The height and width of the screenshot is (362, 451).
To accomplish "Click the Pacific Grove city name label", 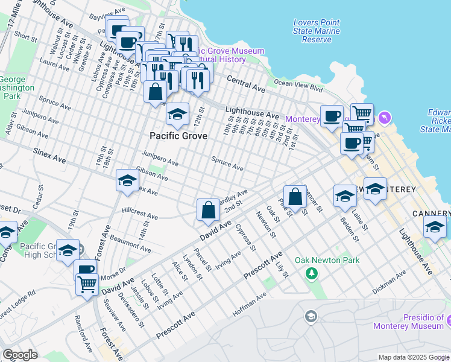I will point(178,136).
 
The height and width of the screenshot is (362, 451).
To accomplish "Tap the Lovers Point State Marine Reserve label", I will point(317,31).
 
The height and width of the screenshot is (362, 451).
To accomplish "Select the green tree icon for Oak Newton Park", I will point(312,275).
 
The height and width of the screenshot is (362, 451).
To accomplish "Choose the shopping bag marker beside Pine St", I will point(295,197).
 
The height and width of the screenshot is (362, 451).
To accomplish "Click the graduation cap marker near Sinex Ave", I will point(127,180).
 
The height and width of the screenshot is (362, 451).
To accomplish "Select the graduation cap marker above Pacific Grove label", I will point(177,113).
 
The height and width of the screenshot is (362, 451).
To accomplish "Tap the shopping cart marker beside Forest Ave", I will point(87,283).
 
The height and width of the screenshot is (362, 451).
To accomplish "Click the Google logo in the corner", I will point(20,355).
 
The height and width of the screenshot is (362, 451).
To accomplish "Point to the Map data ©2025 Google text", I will point(413,357).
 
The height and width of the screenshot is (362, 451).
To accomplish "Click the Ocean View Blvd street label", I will point(298,83).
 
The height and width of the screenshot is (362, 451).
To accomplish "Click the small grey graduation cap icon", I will point(311,317).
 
